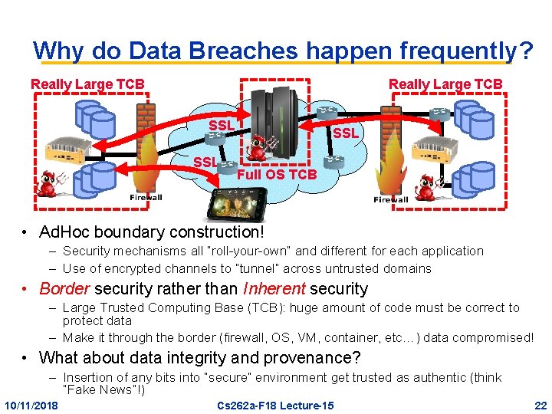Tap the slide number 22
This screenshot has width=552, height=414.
pos(540,405)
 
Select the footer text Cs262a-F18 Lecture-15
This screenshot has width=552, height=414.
pos(275,405)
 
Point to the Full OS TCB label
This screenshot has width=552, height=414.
pos(276,175)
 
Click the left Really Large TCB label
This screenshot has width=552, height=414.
pos(87,84)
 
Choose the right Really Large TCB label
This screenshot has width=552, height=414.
pos(445,84)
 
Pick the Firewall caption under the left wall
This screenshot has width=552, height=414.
pos(146,198)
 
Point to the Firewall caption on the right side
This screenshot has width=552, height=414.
pos(390,199)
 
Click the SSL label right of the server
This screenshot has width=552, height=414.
pos(346,133)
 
